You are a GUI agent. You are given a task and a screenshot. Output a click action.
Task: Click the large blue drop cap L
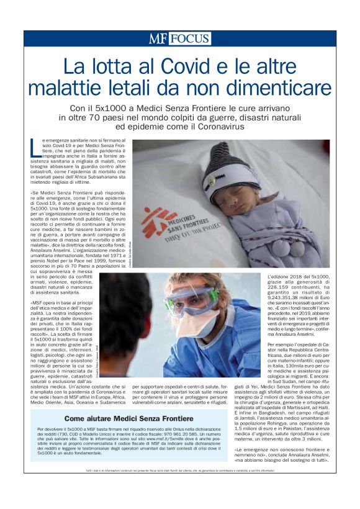pos(36,147)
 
